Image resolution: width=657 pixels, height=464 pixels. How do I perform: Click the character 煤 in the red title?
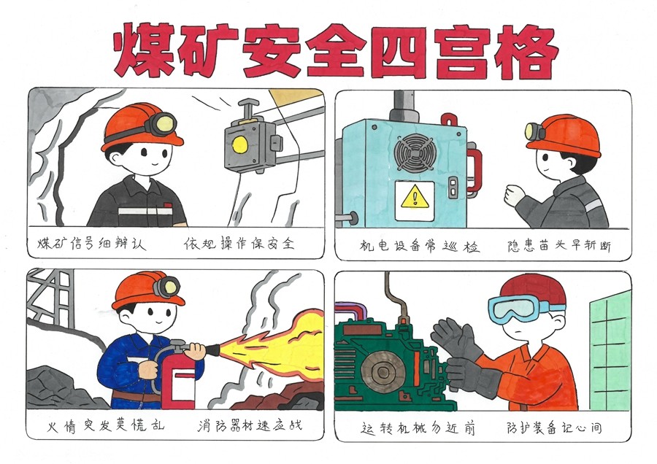pos(145,50)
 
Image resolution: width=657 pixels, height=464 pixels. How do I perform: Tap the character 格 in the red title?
pos(526,52)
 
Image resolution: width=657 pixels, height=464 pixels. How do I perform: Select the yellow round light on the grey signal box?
pos(240,145)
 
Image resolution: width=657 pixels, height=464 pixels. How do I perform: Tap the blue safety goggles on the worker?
pos(522,308)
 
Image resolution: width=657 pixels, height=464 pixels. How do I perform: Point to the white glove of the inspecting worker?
pos(514,196)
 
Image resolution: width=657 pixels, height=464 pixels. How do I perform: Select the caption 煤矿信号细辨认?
pos(92,243)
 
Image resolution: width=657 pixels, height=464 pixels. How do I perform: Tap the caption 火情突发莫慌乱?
pos(105,426)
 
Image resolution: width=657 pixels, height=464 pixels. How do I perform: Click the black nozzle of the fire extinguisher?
pos(213,349)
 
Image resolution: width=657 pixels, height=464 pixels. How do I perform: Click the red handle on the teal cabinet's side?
pos(475,169)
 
